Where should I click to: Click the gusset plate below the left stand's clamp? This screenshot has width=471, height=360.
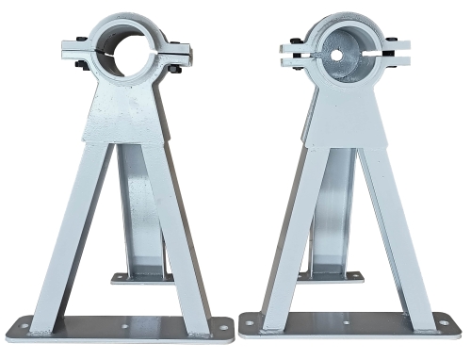point(125,118)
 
